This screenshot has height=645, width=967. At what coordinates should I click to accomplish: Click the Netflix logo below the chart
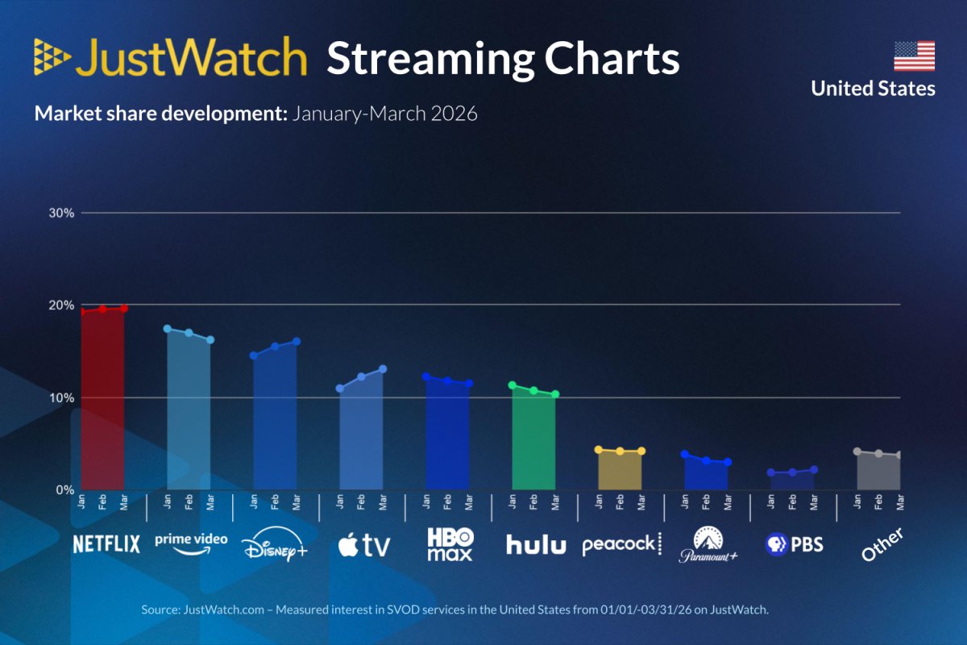[106, 544]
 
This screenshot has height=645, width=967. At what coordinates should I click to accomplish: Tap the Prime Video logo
[190, 543]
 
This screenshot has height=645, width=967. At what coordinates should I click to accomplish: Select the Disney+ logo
[275, 547]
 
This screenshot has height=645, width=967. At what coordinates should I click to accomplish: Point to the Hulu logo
[536, 545]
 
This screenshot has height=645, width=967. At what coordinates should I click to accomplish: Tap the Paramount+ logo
[708, 544]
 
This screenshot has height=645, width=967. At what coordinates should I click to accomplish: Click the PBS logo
[794, 544]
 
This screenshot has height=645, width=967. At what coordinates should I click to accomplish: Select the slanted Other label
[880, 545]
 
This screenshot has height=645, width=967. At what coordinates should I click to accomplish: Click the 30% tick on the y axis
[62, 213]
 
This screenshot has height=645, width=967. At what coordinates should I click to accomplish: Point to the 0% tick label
[65, 489]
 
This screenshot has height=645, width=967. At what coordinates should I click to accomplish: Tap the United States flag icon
[914, 56]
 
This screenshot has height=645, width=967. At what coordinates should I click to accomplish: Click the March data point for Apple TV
[383, 369]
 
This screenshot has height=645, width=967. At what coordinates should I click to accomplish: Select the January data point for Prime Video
[168, 329]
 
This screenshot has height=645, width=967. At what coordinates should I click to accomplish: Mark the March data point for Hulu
[555, 394]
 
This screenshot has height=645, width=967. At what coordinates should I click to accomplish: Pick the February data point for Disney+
[275, 346]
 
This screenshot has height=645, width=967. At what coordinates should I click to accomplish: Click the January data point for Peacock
[598, 450]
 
